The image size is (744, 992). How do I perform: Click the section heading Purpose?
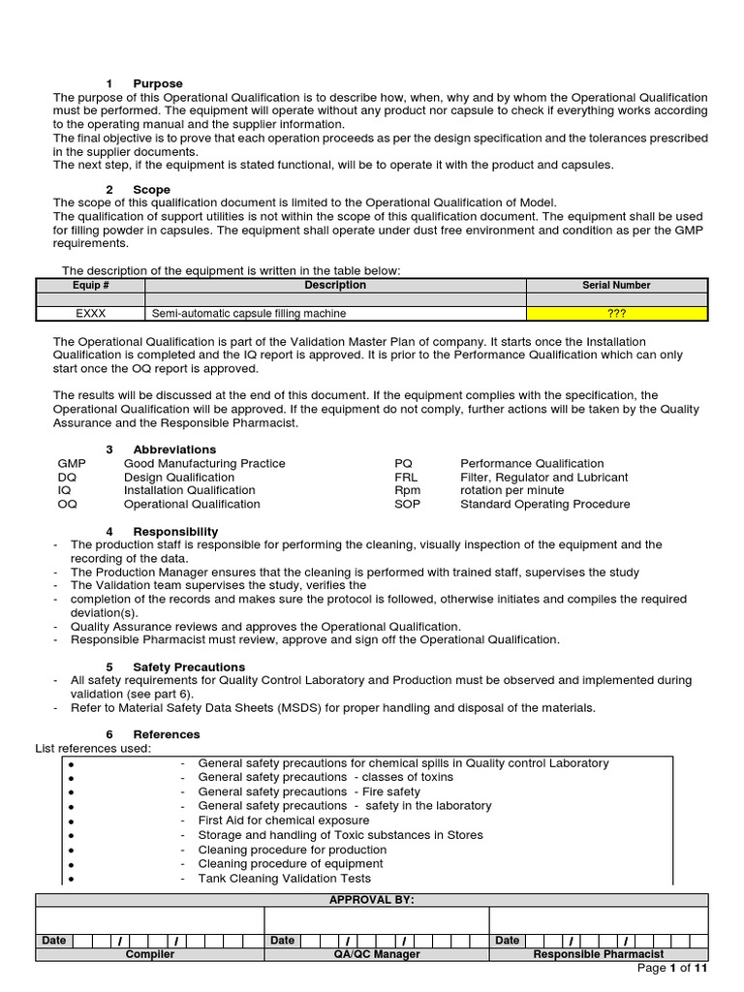pyautogui.click(x=158, y=84)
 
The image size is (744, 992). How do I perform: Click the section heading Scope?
pyautogui.click(x=151, y=190)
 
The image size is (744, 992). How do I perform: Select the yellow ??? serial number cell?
pyautogui.click(x=616, y=314)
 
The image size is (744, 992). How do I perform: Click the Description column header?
pyautogui.click(x=335, y=286)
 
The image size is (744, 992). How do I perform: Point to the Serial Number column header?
pyautogui.click(x=616, y=286)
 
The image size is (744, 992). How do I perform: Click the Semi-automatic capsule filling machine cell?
pyautogui.click(x=249, y=314)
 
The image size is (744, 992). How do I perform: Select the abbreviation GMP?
pyautogui.click(x=73, y=464)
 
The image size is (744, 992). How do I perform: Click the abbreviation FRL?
pyautogui.click(x=406, y=478)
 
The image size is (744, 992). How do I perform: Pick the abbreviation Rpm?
pyautogui.click(x=408, y=491)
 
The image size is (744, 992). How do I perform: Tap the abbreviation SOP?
pyautogui.click(x=408, y=505)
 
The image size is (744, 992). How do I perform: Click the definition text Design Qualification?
pyautogui.click(x=179, y=478)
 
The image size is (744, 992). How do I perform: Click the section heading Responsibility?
pyautogui.click(x=175, y=532)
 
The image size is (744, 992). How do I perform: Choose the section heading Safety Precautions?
pyautogui.click(x=189, y=667)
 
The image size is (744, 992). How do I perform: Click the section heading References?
pyautogui.click(x=167, y=735)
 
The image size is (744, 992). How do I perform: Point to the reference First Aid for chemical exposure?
pyautogui.click(x=283, y=821)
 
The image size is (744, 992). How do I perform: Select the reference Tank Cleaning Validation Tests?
pyautogui.click(x=284, y=879)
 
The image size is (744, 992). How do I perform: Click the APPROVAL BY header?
pyautogui.click(x=372, y=900)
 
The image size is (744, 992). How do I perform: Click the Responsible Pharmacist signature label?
pyautogui.click(x=598, y=954)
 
